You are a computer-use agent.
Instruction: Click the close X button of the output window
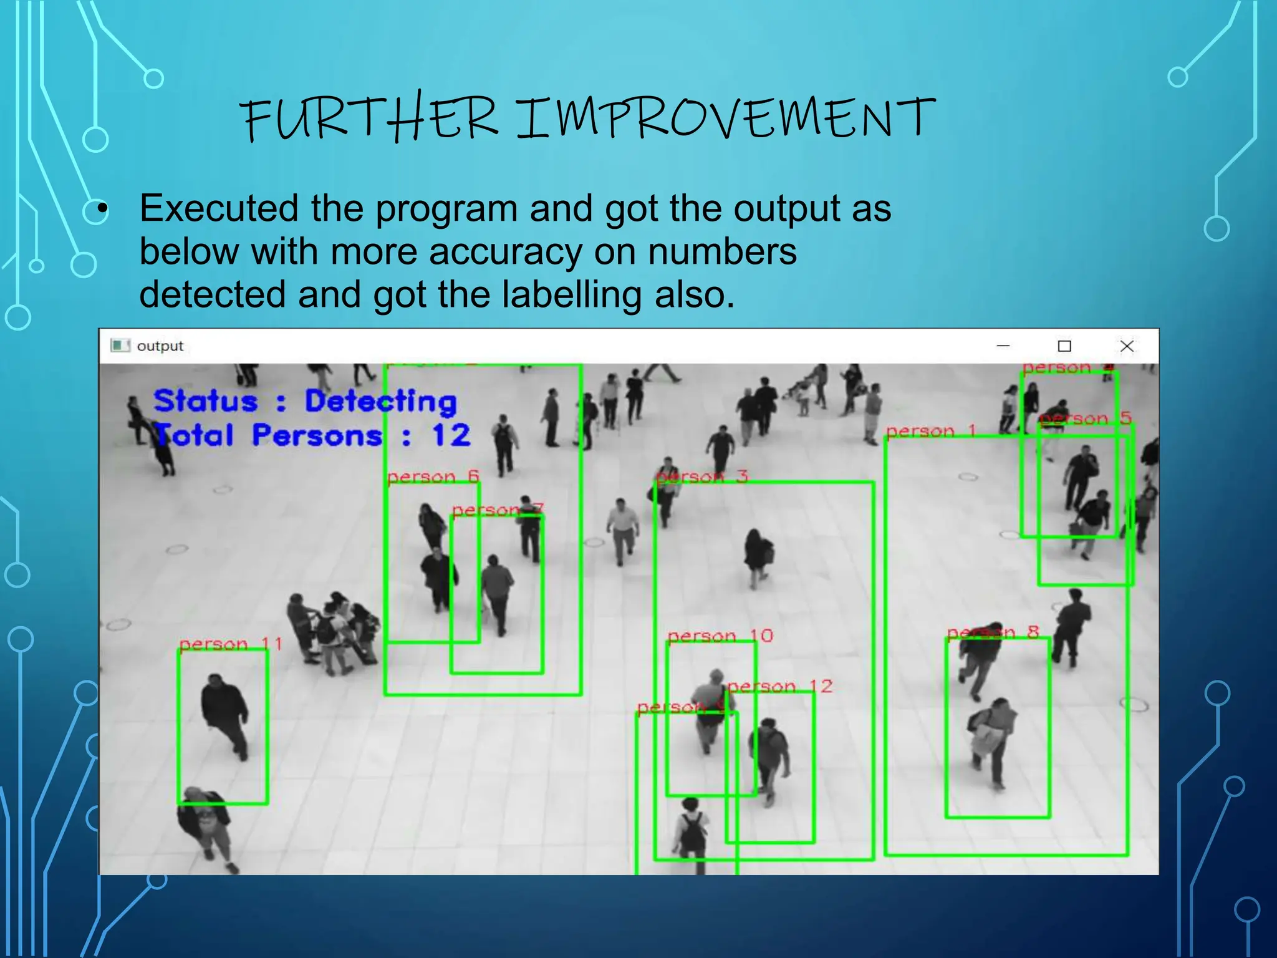click(1126, 346)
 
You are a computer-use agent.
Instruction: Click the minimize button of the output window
click(1003, 346)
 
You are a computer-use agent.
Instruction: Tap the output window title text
click(160, 346)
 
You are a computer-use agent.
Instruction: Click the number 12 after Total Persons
click(451, 435)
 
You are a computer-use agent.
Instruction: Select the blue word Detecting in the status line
click(380, 401)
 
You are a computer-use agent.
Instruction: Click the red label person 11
click(231, 643)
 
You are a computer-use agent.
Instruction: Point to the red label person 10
click(720, 636)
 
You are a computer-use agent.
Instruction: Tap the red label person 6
click(433, 477)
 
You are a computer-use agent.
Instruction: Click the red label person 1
click(930, 430)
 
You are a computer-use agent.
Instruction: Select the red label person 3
click(701, 477)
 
